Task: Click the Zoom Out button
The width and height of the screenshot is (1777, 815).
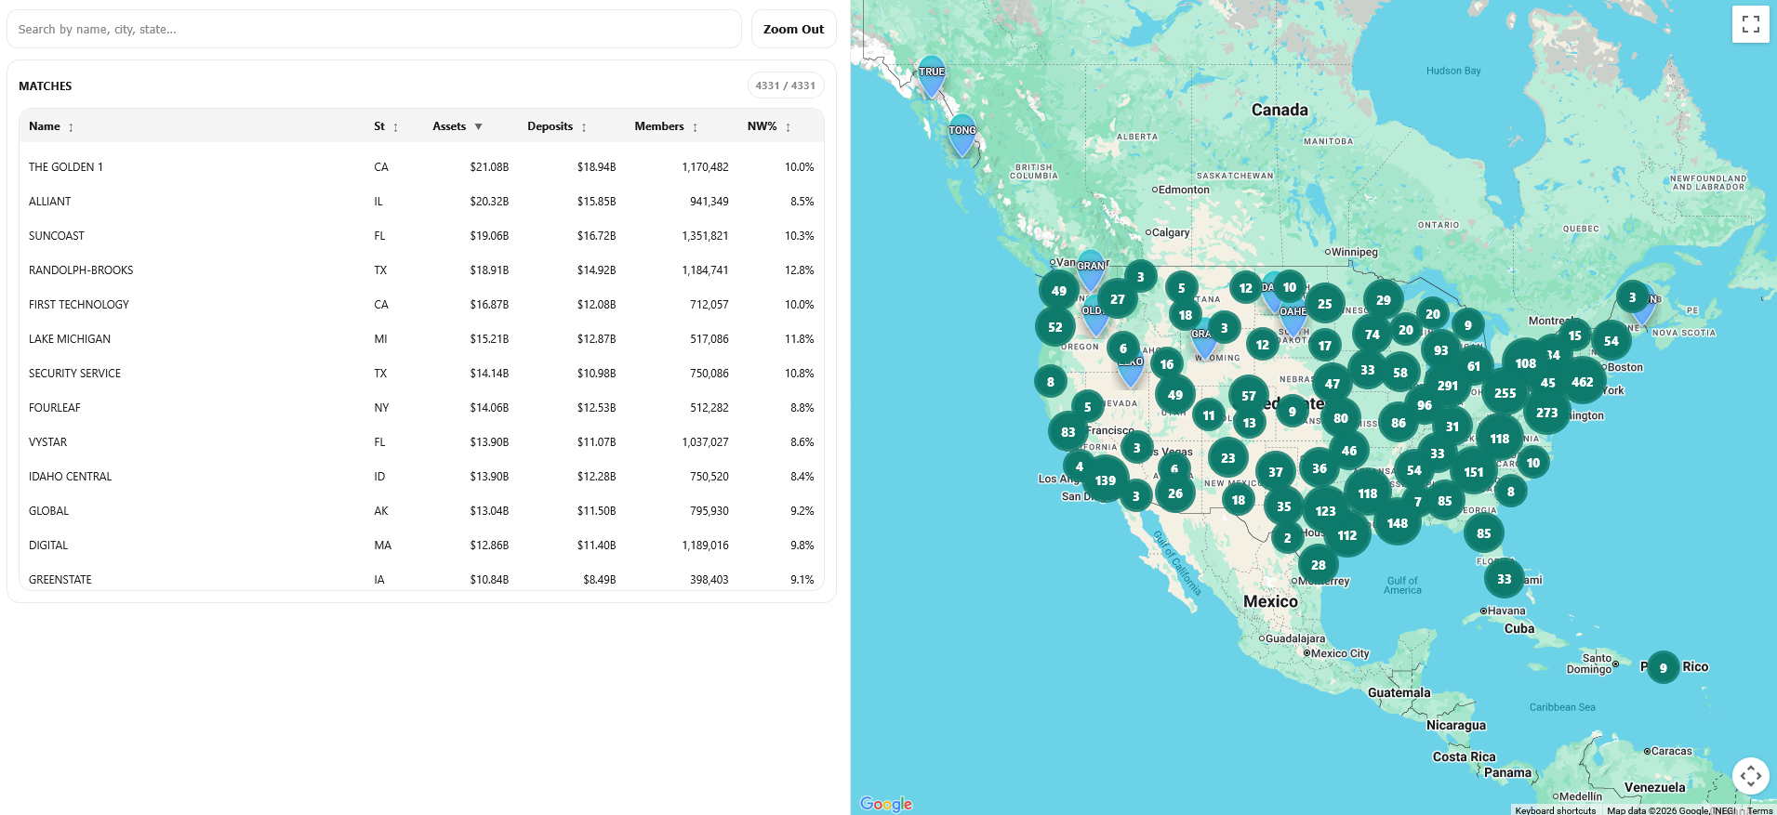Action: pyautogui.click(x=793, y=29)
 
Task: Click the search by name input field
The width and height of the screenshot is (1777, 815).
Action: pyautogui.click(x=374, y=29)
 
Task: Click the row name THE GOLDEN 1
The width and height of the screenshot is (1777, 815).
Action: pyautogui.click(x=66, y=167)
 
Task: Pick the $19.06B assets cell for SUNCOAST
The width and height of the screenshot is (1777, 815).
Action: pyautogui.click(x=489, y=236)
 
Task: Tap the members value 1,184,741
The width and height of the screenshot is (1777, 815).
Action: pyautogui.click(x=705, y=270)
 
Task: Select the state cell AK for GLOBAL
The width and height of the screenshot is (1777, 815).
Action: pyautogui.click(x=381, y=511)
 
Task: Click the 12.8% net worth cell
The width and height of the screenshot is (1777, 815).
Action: pyautogui.click(x=799, y=270)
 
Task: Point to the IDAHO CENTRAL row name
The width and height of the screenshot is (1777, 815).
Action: pyautogui.click(x=70, y=477)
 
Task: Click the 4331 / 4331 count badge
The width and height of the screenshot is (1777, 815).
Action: pyautogui.click(x=785, y=85)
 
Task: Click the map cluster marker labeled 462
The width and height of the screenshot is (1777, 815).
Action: pyautogui.click(x=1582, y=382)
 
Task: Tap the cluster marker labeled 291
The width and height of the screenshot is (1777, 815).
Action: pyautogui.click(x=1447, y=386)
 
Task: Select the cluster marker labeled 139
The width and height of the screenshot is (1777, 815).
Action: pyautogui.click(x=1105, y=480)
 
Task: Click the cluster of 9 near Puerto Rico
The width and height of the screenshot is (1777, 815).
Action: pyautogui.click(x=1663, y=667)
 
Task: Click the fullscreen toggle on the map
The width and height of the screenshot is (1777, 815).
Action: pyautogui.click(x=1750, y=24)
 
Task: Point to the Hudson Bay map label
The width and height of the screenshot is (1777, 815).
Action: pyautogui.click(x=1452, y=71)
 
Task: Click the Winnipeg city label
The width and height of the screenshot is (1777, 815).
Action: pyautogui.click(x=1354, y=252)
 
